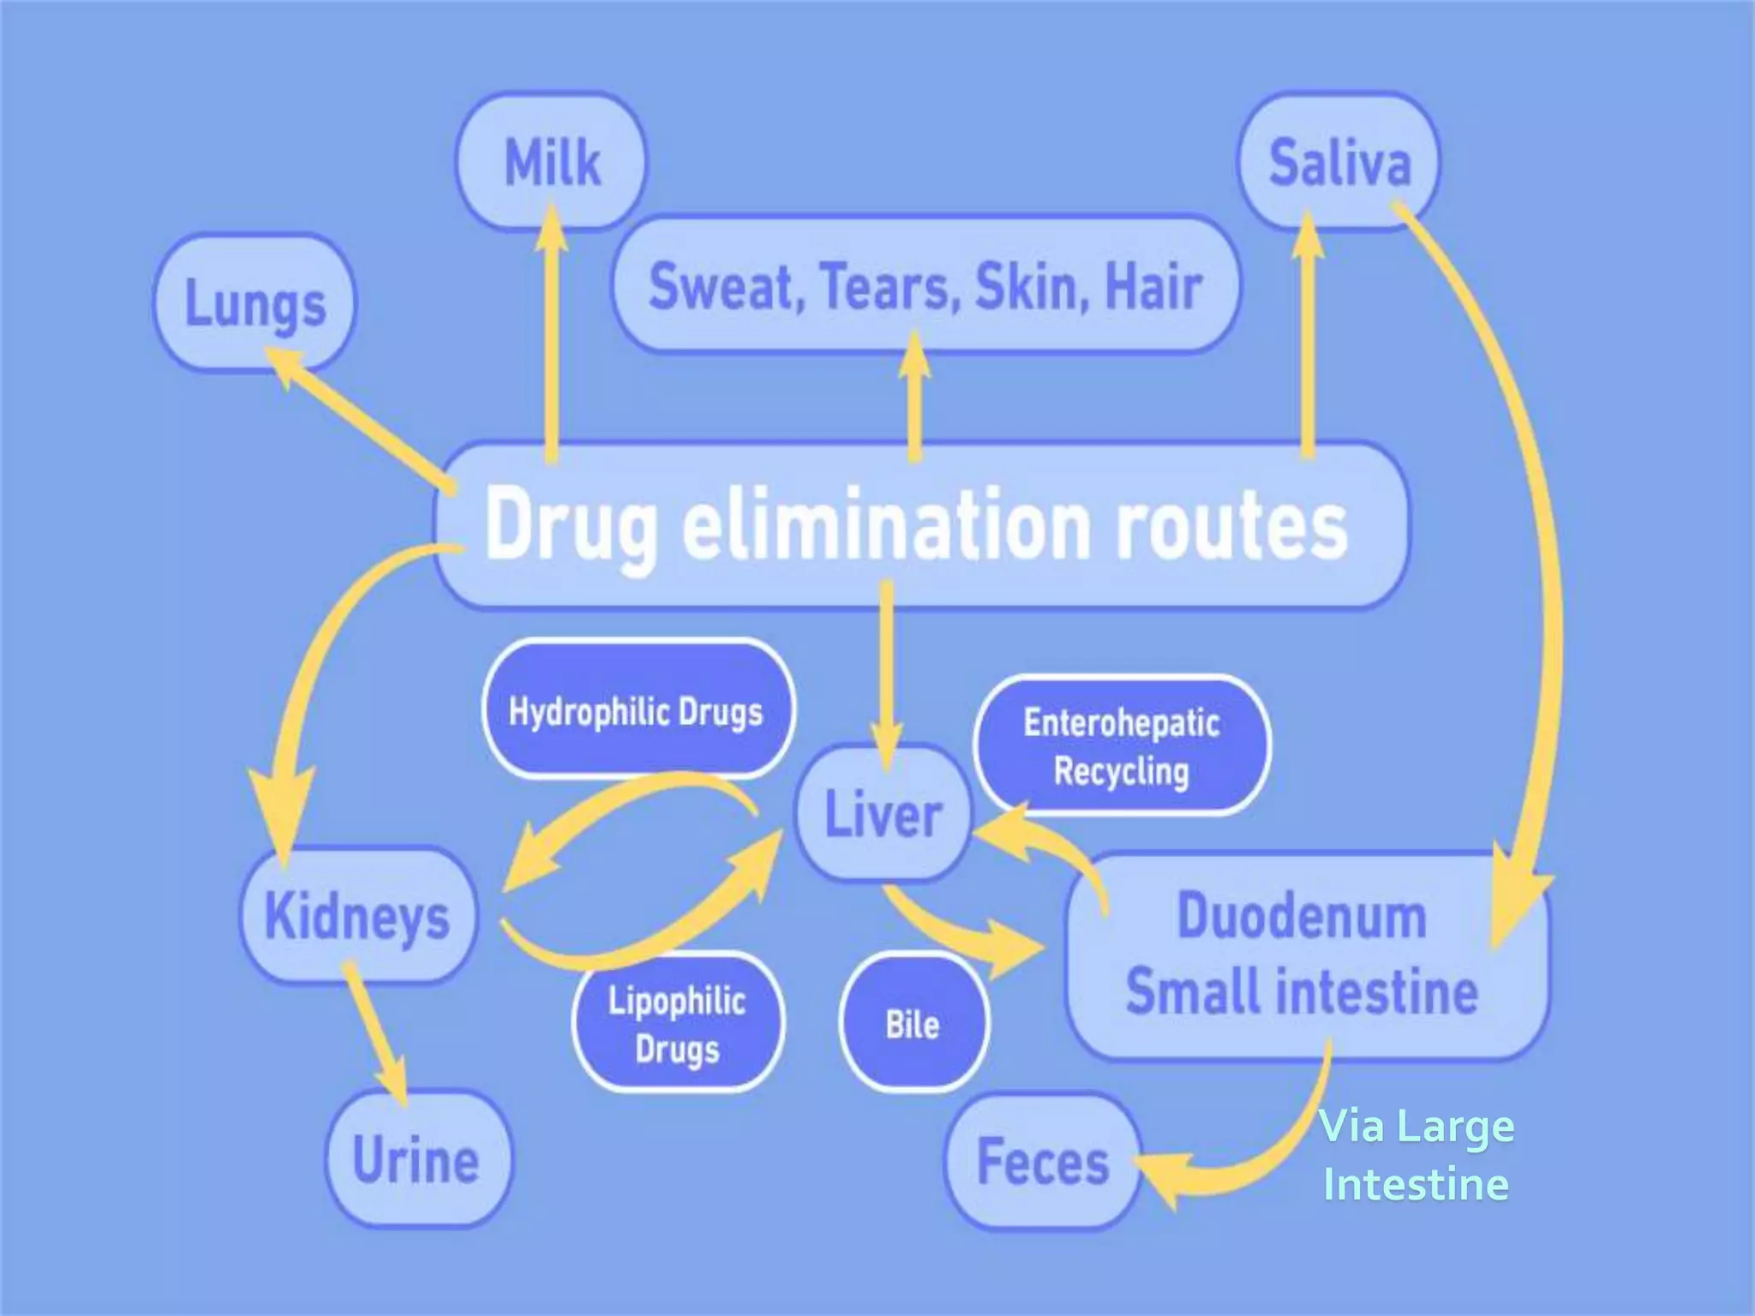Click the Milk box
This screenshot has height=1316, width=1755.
551,162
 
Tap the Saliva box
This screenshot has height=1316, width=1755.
1339,162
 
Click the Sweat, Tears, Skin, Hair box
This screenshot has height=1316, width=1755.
925,285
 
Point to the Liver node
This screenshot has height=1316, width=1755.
883,813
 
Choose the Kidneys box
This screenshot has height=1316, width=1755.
357,915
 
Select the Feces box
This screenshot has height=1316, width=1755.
1043,1162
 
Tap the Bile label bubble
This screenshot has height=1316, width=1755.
913,1024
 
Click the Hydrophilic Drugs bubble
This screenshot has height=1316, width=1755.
636,711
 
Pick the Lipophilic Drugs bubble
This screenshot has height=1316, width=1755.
677,1024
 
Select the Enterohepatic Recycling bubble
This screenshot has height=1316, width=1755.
1122,745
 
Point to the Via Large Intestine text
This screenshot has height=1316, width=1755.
1416,1154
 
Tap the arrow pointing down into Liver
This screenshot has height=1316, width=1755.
886,668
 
